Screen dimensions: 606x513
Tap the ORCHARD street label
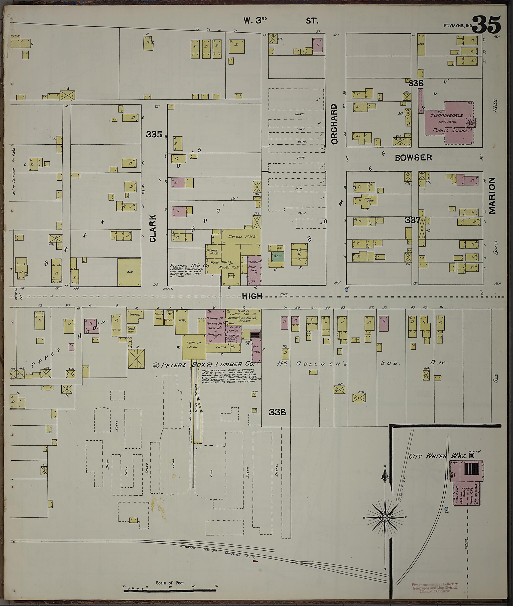(x=334, y=124)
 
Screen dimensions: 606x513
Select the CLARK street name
(x=153, y=228)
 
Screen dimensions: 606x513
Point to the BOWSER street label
(x=413, y=158)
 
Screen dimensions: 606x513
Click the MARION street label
(x=492, y=196)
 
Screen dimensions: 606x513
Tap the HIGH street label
(x=252, y=296)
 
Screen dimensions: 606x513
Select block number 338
(x=277, y=412)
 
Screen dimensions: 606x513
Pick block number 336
(x=416, y=83)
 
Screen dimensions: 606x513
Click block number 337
(x=412, y=220)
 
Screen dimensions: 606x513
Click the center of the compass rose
(x=385, y=517)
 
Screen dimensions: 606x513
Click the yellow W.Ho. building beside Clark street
(x=129, y=272)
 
